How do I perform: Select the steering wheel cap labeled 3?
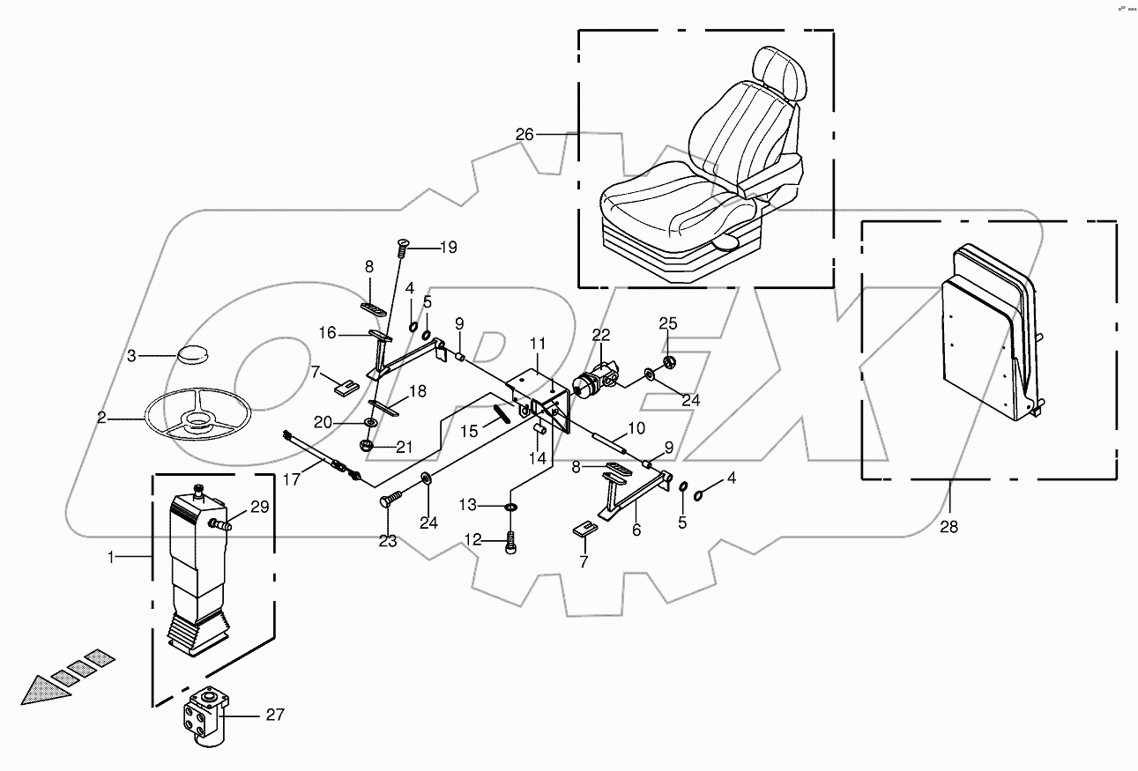click(x=191, y=353)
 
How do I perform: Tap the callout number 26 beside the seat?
click(x=525, y=135)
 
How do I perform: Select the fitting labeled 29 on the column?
click(x=220, y=525)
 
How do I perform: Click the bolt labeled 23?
click(x=389, y=500)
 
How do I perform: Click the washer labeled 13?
click(x=511, y=507)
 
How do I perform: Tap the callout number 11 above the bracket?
click(x=539, y=342)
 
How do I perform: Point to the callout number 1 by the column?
click(x=110, y=557)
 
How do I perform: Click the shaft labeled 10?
click(x=607, y=441)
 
